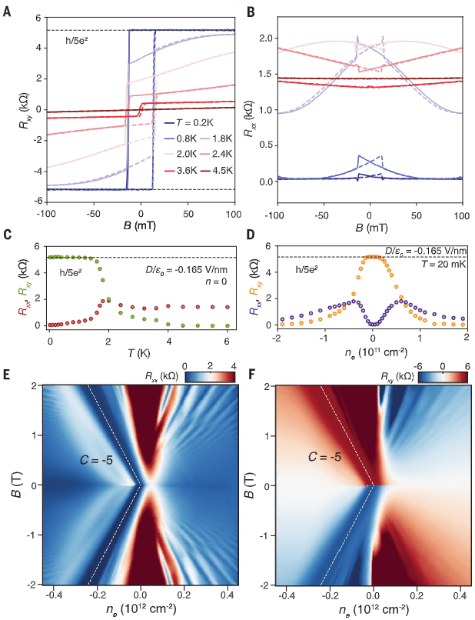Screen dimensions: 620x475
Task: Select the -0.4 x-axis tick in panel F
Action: [284, 595]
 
